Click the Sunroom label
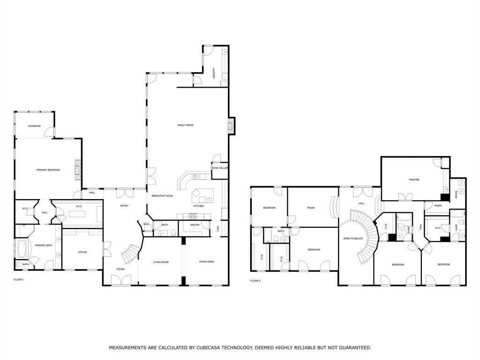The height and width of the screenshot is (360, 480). click(x=34, y=126)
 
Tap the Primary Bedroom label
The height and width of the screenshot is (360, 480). click(x=48, y=170)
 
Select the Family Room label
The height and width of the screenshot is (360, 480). click(x=185, y=125)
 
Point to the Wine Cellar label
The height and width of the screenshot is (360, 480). click(x=220, y=168)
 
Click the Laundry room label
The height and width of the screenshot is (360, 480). click(x=214, y=73)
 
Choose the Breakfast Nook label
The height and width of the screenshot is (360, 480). click(x=163, y=195)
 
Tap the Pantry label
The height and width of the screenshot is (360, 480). click(x=195, y=225)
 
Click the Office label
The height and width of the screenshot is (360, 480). click(x=82, y=252)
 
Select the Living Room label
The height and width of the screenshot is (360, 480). click(x=161, y=262)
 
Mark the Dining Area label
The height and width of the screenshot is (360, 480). click(x=207, y=262)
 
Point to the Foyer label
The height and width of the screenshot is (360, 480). click(x=121, y=269)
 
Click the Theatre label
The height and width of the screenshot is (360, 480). click(x=413, y=180)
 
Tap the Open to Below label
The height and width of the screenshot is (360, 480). click(x=353, y=238)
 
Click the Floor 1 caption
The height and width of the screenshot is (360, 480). click(x=19, y=280)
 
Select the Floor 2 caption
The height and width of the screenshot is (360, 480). click(x=255, y=281)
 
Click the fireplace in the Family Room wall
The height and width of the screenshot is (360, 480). click(x=230, y=125)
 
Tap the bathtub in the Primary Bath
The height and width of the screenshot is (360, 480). click(x=22, y=248)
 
